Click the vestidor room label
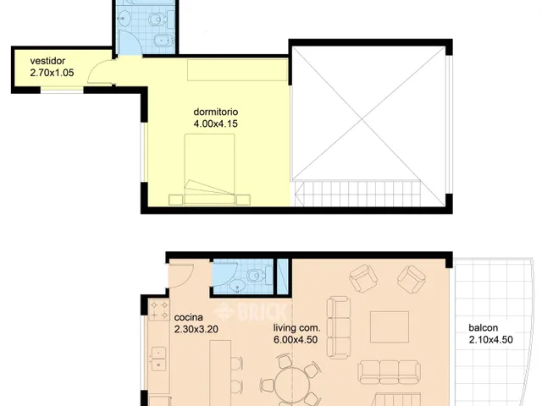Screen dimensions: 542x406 click(47, 61)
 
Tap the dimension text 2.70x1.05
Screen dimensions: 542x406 click(52, 73)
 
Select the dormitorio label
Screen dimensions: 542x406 click(216, 112)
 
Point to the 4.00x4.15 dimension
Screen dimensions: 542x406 click(216, 123)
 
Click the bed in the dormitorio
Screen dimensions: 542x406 click(209, 169)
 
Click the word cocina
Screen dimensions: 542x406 click(188, 317)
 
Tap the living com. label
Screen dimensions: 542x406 click(297, 327)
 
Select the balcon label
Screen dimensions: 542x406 click(484, 327)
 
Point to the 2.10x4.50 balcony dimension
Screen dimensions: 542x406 click(491, 340)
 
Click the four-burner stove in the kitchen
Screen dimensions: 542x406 click(159, 310)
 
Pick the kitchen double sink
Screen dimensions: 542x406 click(159, 359)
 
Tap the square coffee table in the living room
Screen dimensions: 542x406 click(390, 327)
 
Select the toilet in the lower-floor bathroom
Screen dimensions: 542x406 click(256, 275)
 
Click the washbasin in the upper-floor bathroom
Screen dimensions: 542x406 click(123, 18)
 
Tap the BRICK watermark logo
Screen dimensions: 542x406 click(251, 311)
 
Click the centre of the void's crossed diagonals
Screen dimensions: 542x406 click(362, 119)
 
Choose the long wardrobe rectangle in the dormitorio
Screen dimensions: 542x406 click(237, 70)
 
